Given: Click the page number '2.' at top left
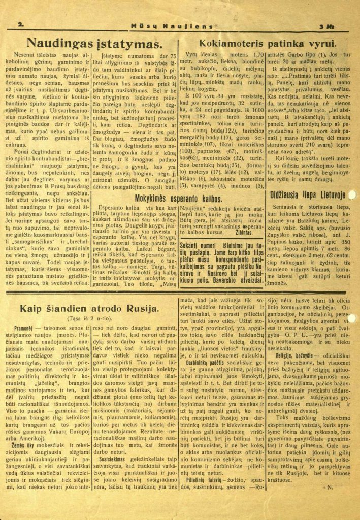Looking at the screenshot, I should point(21,24).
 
